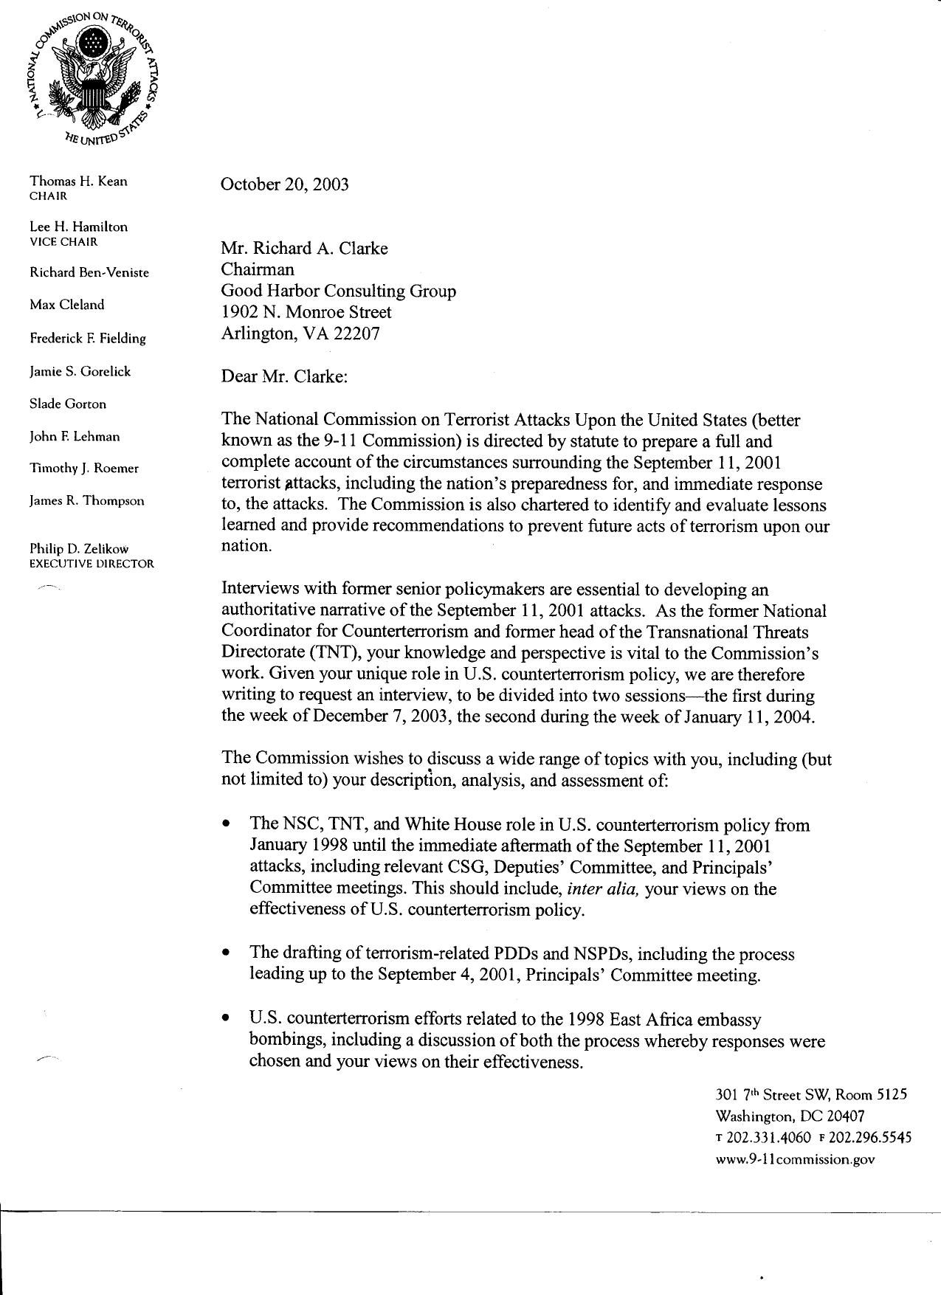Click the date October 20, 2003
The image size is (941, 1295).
(x=284, y=184)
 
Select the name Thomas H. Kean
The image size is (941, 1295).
(x=77, y=181)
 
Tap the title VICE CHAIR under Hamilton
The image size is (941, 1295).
(x=63, y=242)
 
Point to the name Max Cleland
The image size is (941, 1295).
(x=66, y=305)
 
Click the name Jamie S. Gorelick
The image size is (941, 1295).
(x=80, y=371)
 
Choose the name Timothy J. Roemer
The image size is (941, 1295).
(x=83, y=469)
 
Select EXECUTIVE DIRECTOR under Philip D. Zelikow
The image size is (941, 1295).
(x=92, y=564)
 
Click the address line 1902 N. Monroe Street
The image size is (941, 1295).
(x=306, y=312)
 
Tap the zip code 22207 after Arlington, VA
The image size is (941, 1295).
(x=356, y=334)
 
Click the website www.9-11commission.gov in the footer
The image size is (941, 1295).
(x=795, y=1159)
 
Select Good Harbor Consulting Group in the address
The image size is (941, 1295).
(x=338, y=291)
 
